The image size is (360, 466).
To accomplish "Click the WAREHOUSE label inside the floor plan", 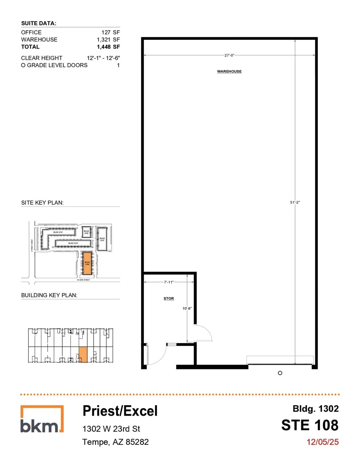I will pos(229,71).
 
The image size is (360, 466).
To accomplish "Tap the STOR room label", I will pos(169,299).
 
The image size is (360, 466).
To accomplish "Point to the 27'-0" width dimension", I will pos(229,55).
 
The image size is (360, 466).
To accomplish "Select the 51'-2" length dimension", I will pos(295,202).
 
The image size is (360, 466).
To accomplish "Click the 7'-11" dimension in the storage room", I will pos(169,282).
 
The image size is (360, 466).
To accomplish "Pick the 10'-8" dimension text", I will pos(187,308).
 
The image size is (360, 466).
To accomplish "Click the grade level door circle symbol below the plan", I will pos(280,373).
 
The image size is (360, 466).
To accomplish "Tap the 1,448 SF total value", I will pos(108,47).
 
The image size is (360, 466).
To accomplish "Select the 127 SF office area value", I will pos(110,32).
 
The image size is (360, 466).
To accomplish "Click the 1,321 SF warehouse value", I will pos(108,39).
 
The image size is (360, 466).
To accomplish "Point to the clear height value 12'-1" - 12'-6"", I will pos(103,58).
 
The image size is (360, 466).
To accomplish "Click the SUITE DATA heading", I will pos(39,23).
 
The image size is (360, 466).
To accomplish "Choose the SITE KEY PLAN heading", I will pos(42,203).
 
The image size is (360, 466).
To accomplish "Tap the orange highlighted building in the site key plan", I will pos(87,263).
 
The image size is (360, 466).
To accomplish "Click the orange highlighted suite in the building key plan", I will pos(83,354).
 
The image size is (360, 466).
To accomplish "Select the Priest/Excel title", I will pos(120,411).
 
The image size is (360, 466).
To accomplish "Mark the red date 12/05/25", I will pos(322,442).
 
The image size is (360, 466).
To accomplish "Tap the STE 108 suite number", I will pos(310,425).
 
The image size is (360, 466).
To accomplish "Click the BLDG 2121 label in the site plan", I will pos(58,232).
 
